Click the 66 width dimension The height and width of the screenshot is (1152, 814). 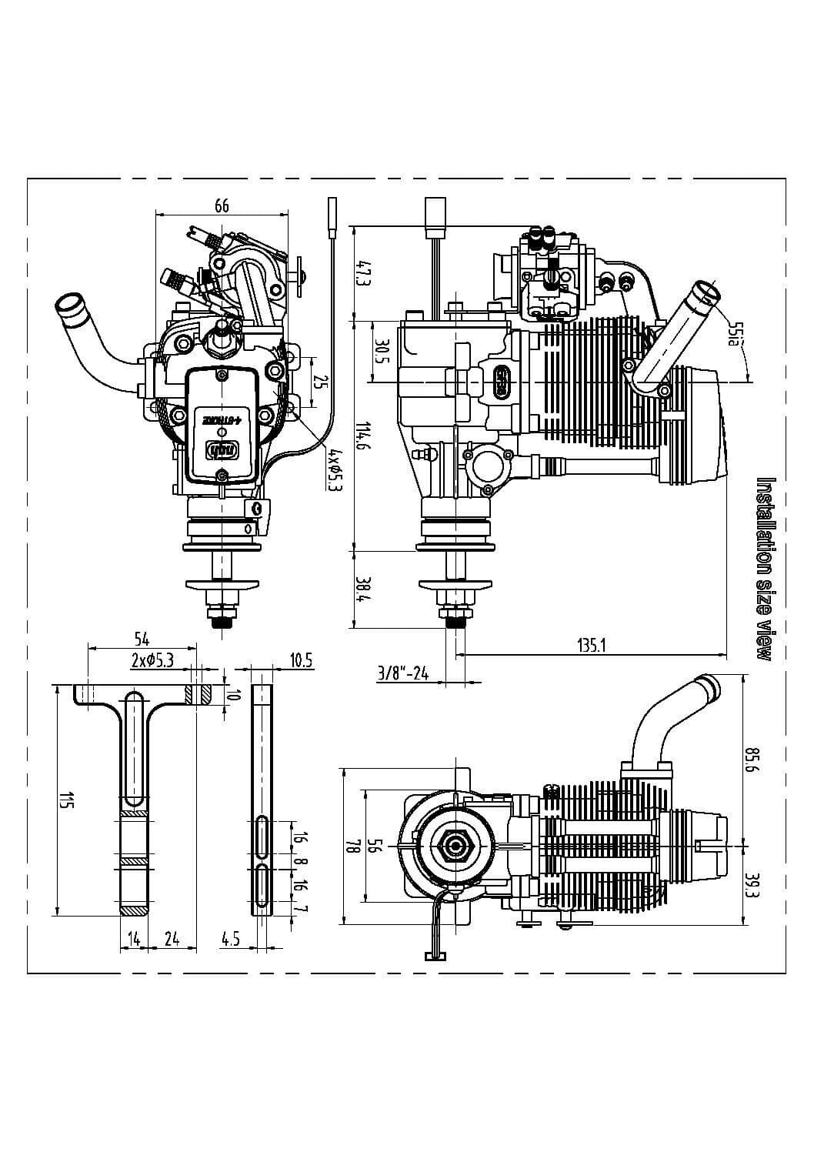pos(222,205)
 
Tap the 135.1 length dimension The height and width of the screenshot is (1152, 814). pos(592,645)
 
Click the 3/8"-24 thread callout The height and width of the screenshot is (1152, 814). pos(402,673)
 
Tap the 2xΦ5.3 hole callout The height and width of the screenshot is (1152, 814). pos(153,659)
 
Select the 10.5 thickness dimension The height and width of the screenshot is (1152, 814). pos(301,659)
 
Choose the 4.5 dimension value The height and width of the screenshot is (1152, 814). pos(230,938)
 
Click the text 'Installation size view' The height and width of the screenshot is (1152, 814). pos(765,569)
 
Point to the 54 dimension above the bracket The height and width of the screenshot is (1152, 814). pos(142,639)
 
